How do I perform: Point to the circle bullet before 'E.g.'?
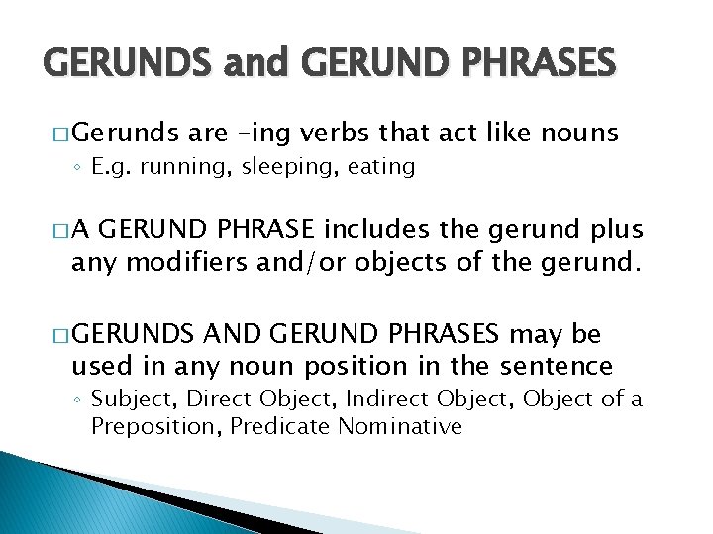[79, 167]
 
